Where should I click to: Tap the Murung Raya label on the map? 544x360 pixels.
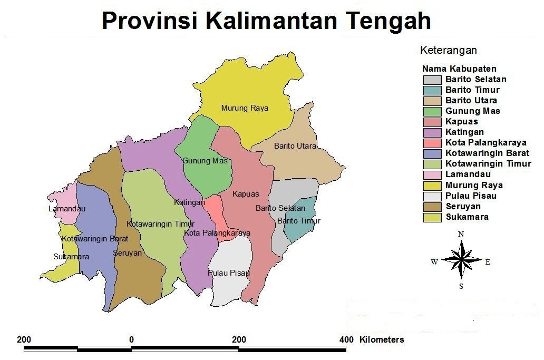point(245,108)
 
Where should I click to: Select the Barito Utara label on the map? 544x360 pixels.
point(295,146)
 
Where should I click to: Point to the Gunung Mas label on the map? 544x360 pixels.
point(205,161)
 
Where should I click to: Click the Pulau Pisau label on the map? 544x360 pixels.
point(228,273)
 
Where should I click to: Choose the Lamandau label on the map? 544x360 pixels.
point(66,209)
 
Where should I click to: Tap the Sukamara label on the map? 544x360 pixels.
point(71,257)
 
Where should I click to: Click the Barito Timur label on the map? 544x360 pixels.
point(299,221)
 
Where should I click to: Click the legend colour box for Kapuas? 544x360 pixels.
point(432,122)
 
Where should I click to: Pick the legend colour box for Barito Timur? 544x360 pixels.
point(432,90)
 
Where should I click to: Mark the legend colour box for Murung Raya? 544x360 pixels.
point(432,186)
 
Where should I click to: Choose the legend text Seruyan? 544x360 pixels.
point(463,206)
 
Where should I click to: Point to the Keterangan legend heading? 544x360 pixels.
point(448,51)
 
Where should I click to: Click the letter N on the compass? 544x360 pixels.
point(461,234)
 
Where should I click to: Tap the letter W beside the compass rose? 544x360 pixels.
point(434,262)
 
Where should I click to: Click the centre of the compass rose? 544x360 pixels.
point(461,259)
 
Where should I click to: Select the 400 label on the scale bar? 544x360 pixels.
point(346,339)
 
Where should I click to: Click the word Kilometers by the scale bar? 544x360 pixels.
point(382,339)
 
